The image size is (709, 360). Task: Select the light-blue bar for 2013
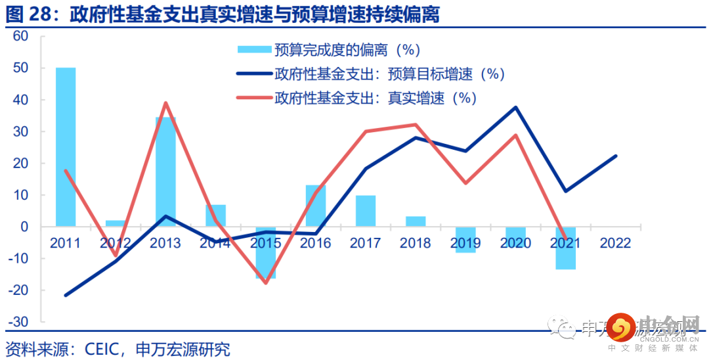[165, 171]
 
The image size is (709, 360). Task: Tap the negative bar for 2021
[565, 248]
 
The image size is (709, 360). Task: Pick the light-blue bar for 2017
[366, 211]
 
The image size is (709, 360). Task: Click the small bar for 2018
[416, 221]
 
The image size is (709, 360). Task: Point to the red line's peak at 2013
[165, 102]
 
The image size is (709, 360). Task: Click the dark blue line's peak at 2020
[515, 107]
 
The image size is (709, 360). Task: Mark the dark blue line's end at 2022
[616, 156]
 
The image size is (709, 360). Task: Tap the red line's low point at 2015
[266, 283]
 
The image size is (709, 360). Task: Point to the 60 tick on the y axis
[21, 36]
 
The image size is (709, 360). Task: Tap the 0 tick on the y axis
[24, 227]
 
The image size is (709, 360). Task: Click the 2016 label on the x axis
[315, 244]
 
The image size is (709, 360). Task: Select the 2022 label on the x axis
[615, 244]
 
